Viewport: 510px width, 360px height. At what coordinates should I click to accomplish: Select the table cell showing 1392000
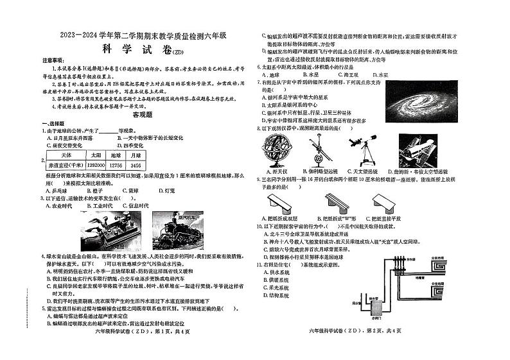coord(95,166)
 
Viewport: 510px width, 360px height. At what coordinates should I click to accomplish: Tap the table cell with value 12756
coord(116,166)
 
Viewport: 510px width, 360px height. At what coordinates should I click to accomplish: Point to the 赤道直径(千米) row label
coord(66,166)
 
